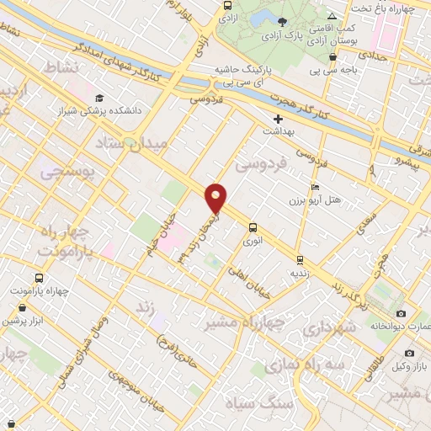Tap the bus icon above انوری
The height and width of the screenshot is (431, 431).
[253, 226]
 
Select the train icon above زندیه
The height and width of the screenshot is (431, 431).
[301, 258]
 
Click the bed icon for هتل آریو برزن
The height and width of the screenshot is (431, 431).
[315, 188]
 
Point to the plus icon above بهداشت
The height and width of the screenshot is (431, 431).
[278, 119]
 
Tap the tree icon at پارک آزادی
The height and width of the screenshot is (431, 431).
[282, 21]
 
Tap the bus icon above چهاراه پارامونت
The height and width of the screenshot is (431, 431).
[39, 277]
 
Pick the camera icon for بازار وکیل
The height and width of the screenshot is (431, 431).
[409, 354]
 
